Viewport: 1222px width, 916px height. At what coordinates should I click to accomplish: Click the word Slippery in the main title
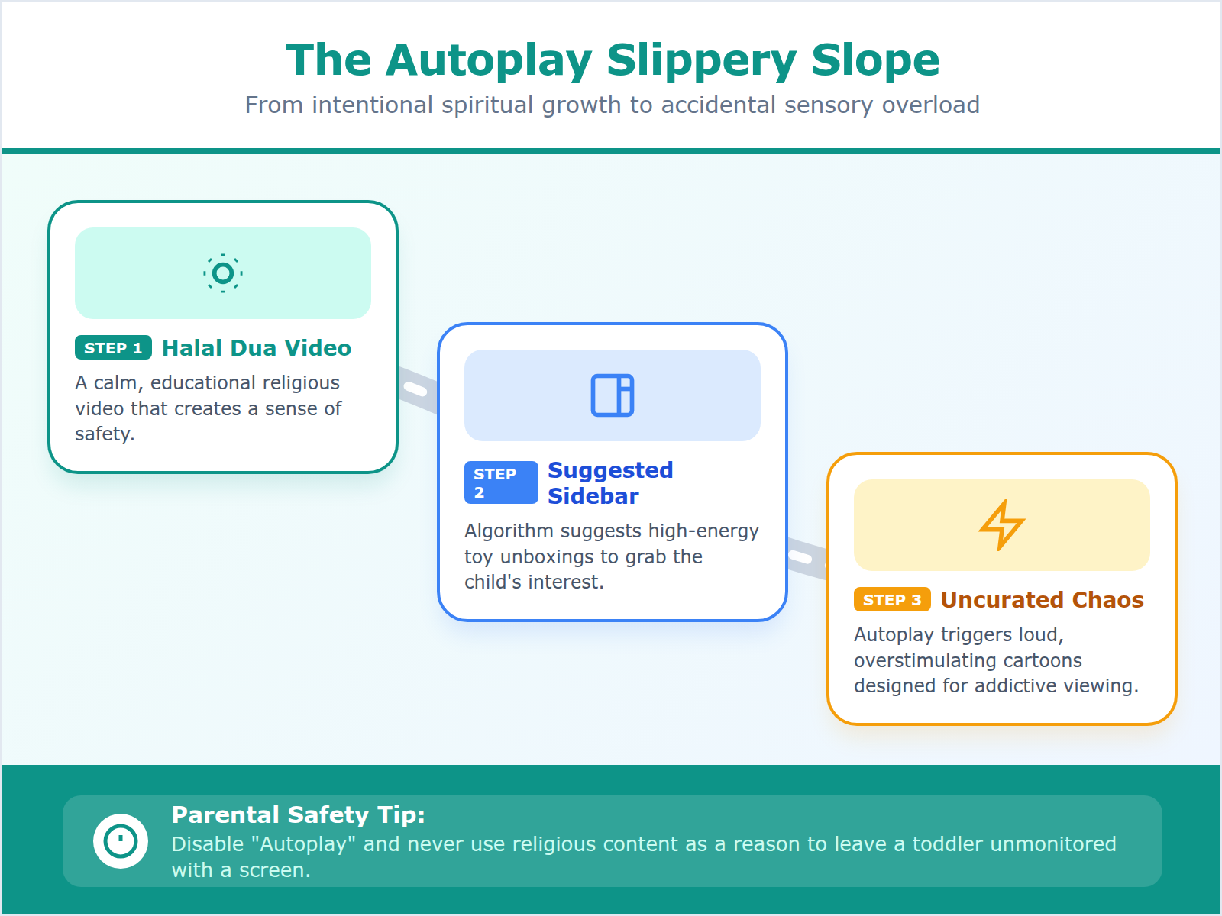click(x=701, y=60)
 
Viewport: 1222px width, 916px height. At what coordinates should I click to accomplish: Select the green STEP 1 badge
click(x=113, y=348)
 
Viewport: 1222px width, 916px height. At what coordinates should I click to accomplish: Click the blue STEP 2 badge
click(x=500, y=482)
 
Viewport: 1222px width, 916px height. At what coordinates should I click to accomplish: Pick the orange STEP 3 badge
click(x=891, y=600)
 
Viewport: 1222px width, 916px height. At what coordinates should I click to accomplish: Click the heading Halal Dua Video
click(x=256, y=348)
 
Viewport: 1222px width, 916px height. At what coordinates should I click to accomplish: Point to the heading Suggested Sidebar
click(x=609, y=482)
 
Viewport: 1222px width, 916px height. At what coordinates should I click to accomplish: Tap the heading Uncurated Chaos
click(x=1042, y=600)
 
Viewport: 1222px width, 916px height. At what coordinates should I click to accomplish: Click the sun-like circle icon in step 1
click(x=223, y=273)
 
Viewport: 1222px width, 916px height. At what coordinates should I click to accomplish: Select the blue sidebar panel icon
click(x=613, y=395)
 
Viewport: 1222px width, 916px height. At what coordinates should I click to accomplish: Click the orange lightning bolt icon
click(x=1001, y=525)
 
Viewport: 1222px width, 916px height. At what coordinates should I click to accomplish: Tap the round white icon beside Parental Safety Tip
click(x=121, y=841)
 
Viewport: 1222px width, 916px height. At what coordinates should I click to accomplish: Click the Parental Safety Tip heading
click(x=298, y=815)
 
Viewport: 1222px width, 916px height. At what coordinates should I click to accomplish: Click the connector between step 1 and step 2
click(x=417, y=390)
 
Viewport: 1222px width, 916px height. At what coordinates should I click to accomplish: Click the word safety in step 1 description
click(x=104, y=434)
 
